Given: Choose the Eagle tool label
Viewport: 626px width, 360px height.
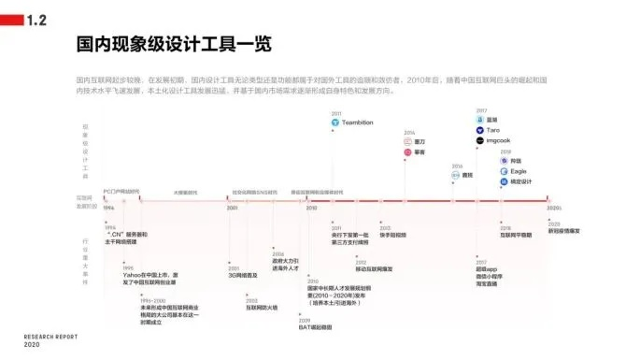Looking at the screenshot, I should click(x=519, y=171).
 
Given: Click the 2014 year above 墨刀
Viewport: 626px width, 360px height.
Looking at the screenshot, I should click(x=409, y=132).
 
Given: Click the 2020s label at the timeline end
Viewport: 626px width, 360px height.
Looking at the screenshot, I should click(x=554, y=208).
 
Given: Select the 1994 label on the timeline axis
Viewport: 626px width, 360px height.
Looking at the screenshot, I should click(x=107, y=208).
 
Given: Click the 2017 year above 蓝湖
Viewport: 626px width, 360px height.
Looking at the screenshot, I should click(x=480, y=110).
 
